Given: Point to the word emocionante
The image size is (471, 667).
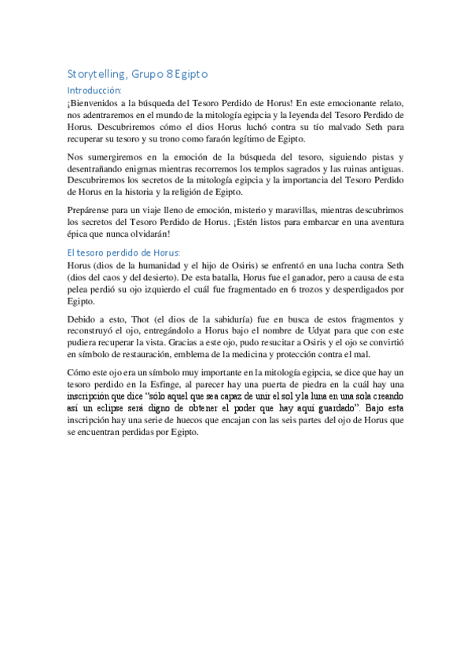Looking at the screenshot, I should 348,103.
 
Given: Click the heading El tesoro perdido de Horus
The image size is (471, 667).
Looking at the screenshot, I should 123,252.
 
